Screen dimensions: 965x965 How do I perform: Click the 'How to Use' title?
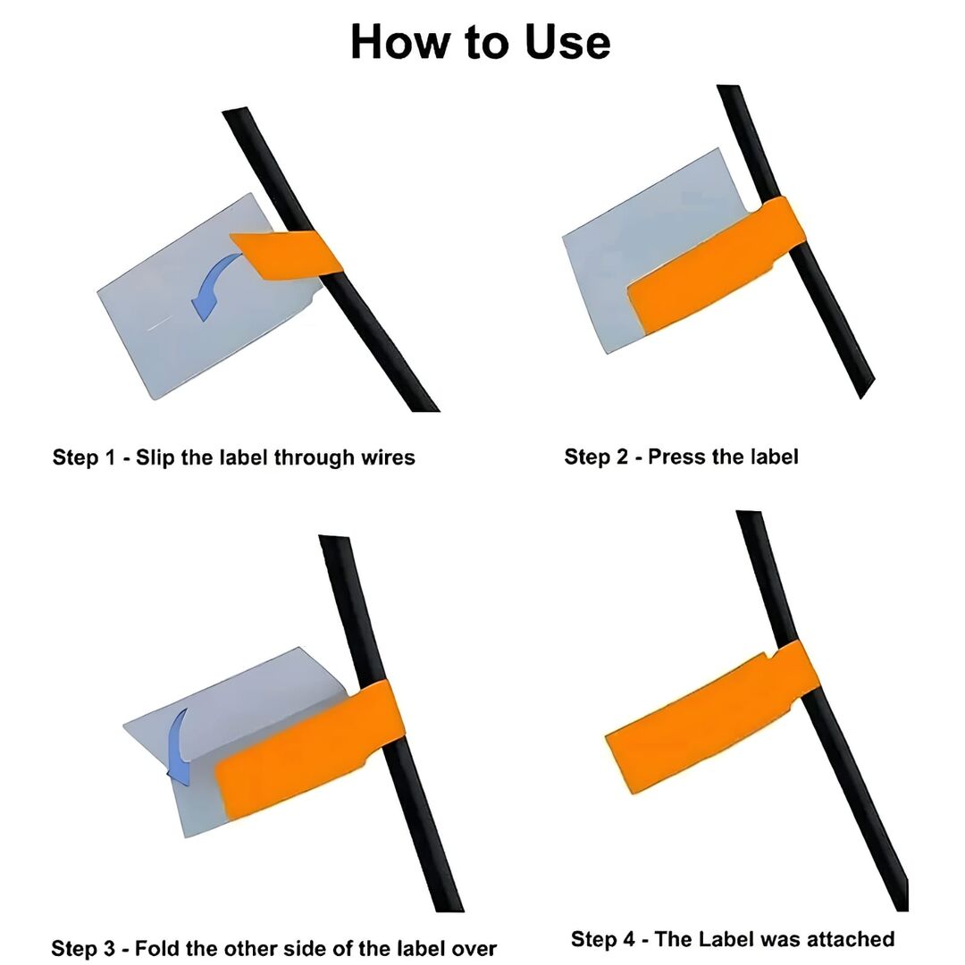click(x=481, y=42)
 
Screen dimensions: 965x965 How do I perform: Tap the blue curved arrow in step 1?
click(x=213, y=283)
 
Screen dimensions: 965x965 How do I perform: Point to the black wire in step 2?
click(x=794, y=240)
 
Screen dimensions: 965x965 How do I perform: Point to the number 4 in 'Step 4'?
click(x=628, y=939)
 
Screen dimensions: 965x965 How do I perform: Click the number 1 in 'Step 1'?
click(x=110, y=457)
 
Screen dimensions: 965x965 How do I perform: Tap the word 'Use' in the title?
click(x=567, y=42)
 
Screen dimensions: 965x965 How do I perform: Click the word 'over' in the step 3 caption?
click(x=474, y=949)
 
